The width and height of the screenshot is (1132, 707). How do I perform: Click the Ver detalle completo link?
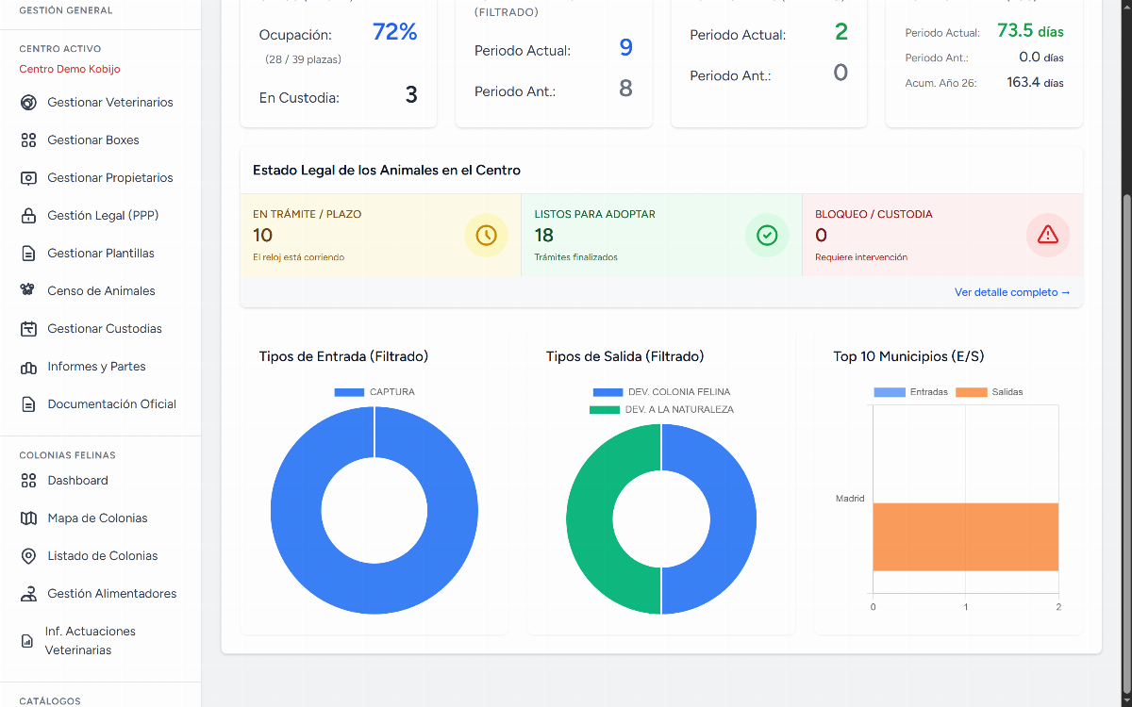tap(1011, 292)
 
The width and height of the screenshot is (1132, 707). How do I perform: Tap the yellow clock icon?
tap(486, 236)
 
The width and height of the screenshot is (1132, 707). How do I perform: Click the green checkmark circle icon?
tap(767, 236)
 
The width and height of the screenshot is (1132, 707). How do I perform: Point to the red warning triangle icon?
tap(1048, 236)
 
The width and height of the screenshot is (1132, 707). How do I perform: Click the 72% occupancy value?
tap(394, 32)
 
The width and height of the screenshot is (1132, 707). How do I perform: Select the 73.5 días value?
tap(1030, 31)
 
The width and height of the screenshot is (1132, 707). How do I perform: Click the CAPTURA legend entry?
tap(375, 392)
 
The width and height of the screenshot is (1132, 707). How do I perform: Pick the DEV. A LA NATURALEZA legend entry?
tap(661, 409)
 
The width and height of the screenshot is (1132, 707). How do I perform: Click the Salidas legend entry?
tap(989, 392)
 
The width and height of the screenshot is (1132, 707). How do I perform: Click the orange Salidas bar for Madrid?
tap(966, 536)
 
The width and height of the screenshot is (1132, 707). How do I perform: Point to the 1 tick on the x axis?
tap(966, 607)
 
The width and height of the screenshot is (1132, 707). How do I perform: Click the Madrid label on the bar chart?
tap(850, 499)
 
